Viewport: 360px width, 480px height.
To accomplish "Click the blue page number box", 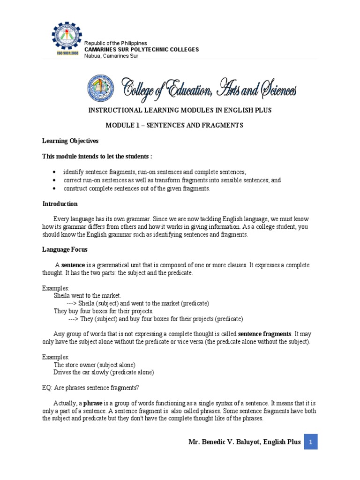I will pyautogui.click(x=311, y=442).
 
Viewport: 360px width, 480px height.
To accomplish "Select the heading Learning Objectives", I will pyautogui.click(x=70, y=141).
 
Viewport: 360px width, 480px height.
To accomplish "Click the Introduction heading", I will pyautogui.click(x=60, y=204).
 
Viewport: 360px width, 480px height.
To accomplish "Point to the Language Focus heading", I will pyautogui.click(x=65, y=249).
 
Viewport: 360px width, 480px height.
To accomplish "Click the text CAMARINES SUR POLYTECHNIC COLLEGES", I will pyautogui.click(x=141, y=50).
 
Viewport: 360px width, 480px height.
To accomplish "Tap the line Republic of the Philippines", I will pyautogui.click(x=115, y=43).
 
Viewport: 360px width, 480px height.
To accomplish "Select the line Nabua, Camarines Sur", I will pyautogui.click(x=111, y=56).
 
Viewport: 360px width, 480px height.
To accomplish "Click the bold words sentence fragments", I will pyautogui.click(x=265, y=334).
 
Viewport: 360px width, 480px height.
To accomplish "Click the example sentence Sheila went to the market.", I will pyautogui.click(x=88, y=295).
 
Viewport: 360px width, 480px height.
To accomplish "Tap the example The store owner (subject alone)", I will pyautogui.click(x=95, y=364).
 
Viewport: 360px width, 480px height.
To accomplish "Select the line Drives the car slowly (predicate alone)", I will pyautogui.click(x=104, y=372).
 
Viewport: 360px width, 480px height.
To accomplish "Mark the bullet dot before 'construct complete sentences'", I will pyautogui.click(x=55, y=188).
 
